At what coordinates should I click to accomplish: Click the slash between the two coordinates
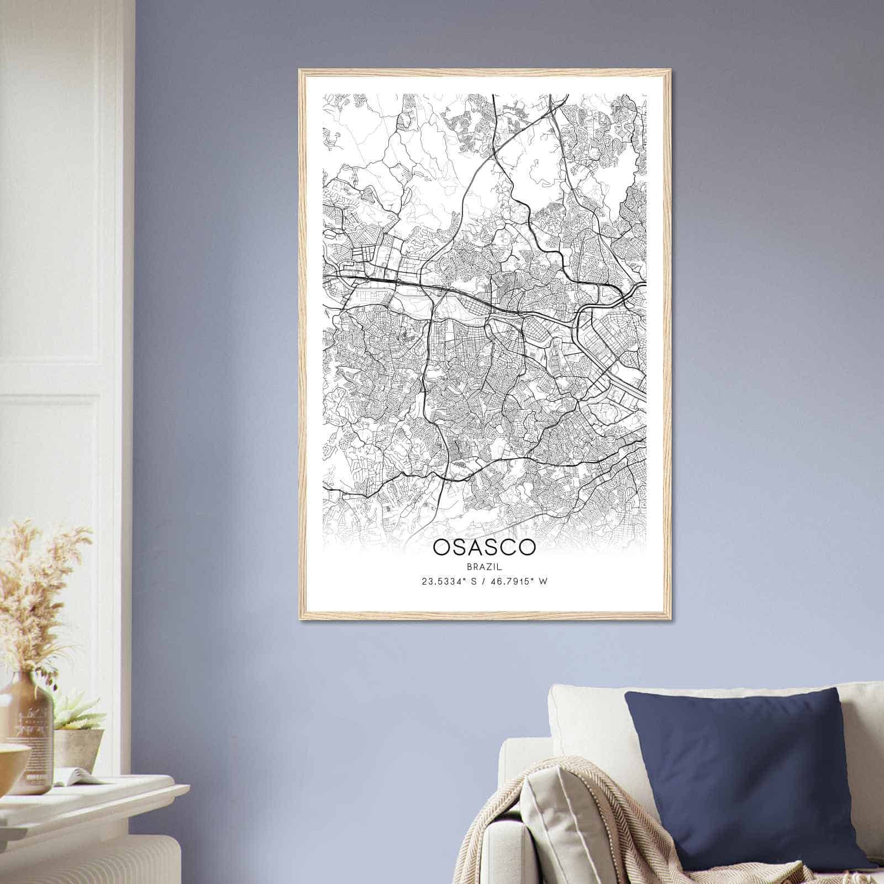483,581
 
